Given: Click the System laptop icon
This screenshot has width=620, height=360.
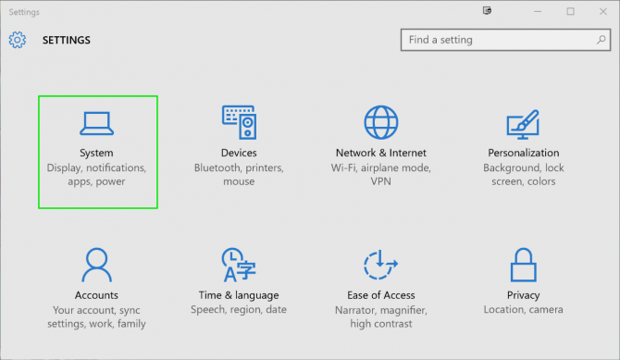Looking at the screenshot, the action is click(x=96, y=123).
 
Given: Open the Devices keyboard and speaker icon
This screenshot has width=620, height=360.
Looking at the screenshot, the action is click(x=239, y=122).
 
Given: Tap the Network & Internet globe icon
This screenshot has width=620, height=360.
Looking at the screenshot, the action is click(x=380, y=122).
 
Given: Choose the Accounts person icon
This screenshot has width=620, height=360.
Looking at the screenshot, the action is click(x=96, y=265).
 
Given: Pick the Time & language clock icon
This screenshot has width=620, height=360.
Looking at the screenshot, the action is click(x=238, y=265).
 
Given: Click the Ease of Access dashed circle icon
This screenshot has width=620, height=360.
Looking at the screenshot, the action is click(x=380, y=265).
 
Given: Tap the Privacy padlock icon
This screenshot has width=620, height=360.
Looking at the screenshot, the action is click(x=524, y=266).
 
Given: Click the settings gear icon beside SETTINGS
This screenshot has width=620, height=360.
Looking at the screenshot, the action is click(x=18, y=40).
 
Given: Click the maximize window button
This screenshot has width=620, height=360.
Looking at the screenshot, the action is click(x=570, y=11).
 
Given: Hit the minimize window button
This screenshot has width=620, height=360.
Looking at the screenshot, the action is click(x=537, y=11).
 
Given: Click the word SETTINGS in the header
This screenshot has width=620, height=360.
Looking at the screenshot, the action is click(x=67, y=41).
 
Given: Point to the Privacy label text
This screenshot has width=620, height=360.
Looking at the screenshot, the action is click(x=524, y=295).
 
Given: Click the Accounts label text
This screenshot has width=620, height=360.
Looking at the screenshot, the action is click(x=96, y=295).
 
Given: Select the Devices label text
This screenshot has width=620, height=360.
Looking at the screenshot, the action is click(x=239, y=153).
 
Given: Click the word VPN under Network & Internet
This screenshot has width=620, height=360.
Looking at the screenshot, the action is click(x=380, y=182).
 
